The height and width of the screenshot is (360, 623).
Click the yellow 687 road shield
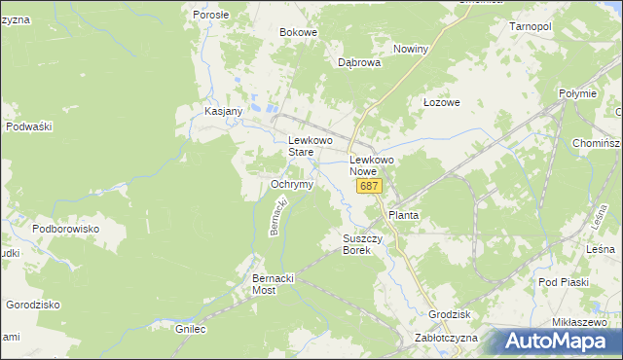(x=368, y=186)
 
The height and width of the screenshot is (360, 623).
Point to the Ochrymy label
(x=291, y=184)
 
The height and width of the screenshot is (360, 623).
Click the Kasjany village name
(x=223, y=111)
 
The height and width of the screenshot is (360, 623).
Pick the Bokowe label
(x=299, y=32)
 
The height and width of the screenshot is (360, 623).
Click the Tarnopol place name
(x=531, y=26)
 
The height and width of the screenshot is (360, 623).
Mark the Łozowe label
(x=441, y=102)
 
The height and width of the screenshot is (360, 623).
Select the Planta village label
(x=403, y=214)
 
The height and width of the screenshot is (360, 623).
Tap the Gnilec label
(x=191, y=330)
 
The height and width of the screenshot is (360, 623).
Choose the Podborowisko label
(x=66, y=229)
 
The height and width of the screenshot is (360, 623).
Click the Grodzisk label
(x=450, y=314)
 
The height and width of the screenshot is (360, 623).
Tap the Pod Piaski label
(x=564, y=282)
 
